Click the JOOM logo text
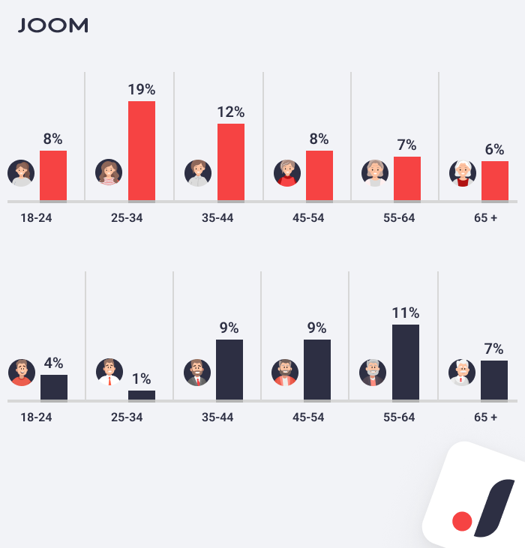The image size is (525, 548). coord(52,25)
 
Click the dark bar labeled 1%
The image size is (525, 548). coord(142,395)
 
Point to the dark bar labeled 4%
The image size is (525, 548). coord(54,387)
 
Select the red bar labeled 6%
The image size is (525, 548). coord(495,181)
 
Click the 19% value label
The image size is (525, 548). coord(141,90)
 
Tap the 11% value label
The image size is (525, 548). coord(405,313)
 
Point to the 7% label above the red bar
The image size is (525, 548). coord(406,145)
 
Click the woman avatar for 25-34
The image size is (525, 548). coord(109,173)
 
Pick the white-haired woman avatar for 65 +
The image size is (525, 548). coord(463,173)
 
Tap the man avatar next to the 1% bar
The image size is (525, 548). coord(109,373)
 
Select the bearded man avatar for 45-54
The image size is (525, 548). coord(285,373)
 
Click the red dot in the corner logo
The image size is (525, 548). coord(462,520)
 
